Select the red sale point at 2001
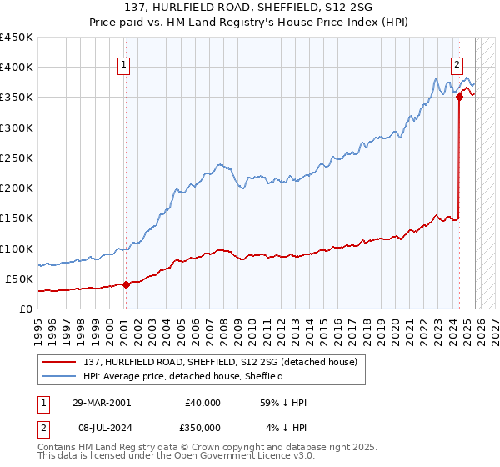tap(126, 284)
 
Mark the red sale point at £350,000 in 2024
tap(459, 97)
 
